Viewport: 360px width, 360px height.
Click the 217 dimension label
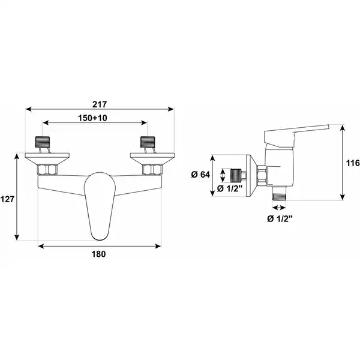tap(100, 104)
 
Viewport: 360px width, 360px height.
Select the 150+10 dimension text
tap(92, 118)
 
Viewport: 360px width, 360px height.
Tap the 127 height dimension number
tap(7, 199)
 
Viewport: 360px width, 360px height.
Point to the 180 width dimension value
tap(99, 254)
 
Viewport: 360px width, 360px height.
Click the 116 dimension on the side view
tap(353, 163)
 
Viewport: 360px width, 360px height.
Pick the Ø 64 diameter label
tap(200, 175)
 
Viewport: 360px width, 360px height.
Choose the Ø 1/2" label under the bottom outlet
tap(280, 218)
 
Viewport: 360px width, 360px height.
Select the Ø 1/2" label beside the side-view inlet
tap(230, 189)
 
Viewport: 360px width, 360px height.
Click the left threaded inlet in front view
tap(43, 142)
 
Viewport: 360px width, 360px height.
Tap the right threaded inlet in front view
tap(148, 142)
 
